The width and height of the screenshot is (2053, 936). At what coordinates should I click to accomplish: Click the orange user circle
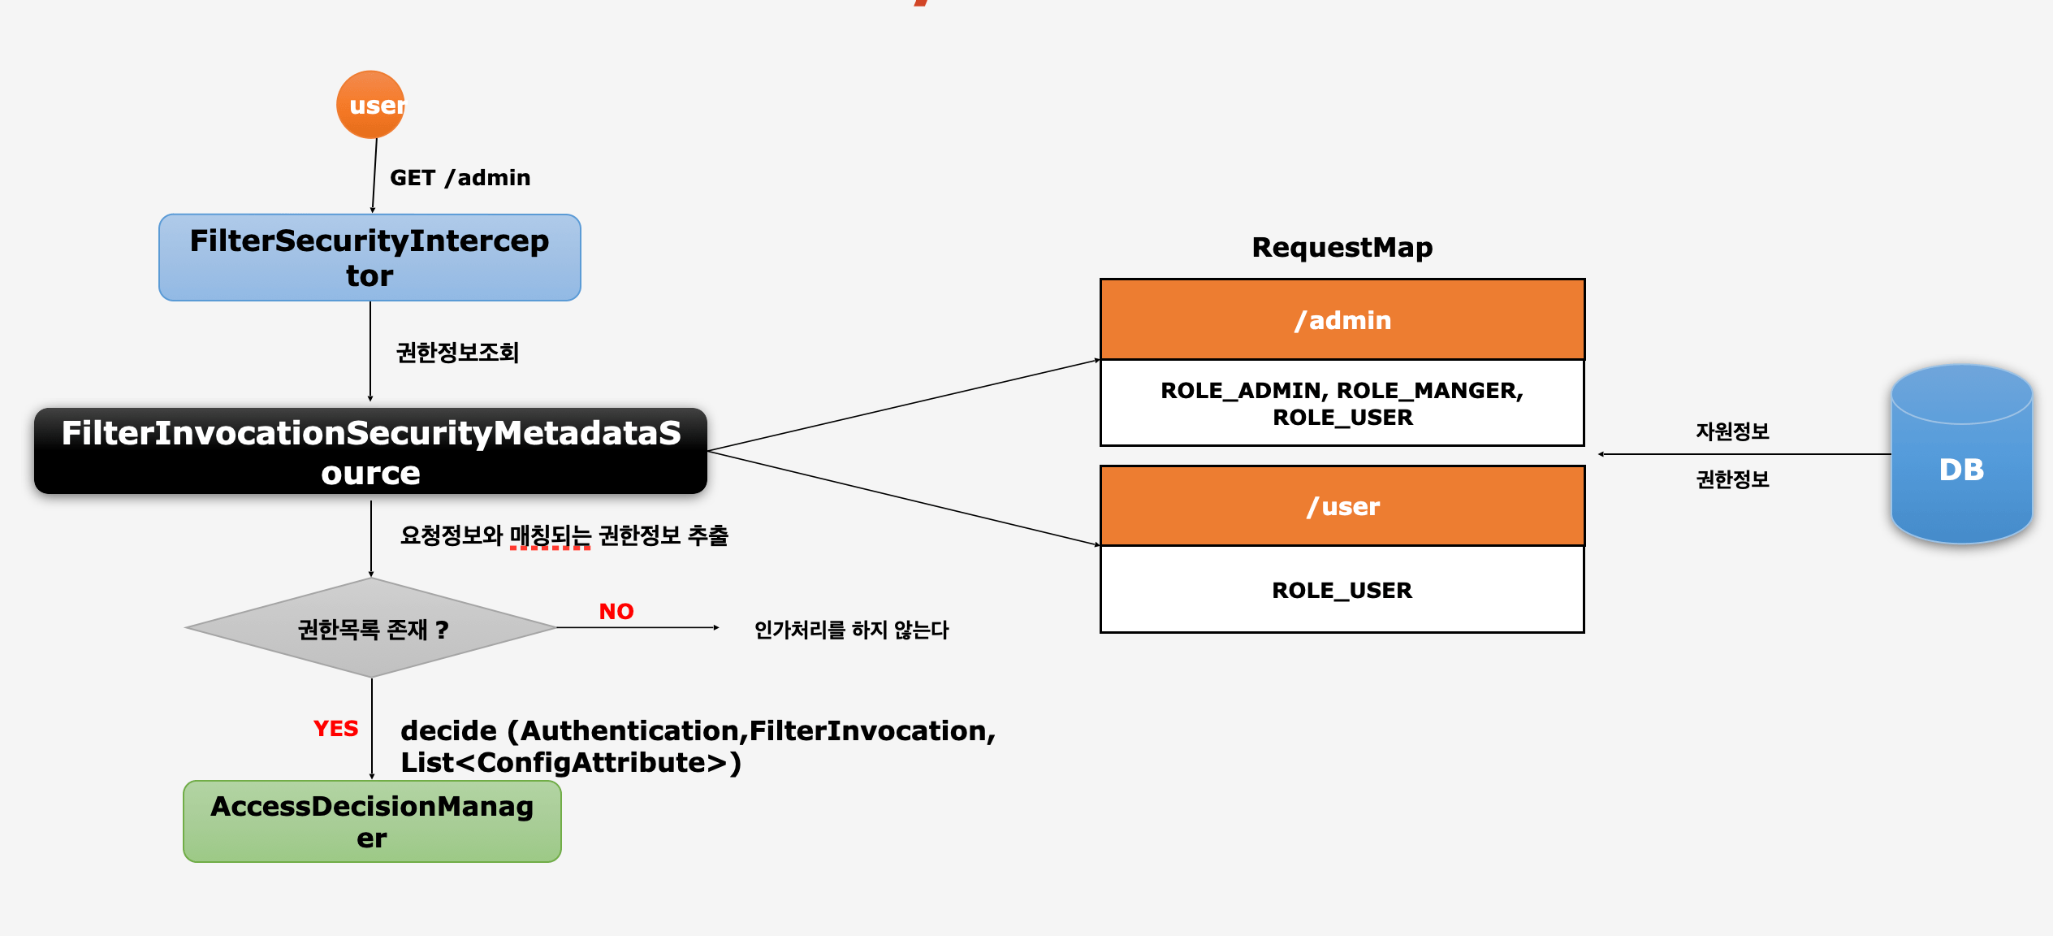click(x=370, y=105)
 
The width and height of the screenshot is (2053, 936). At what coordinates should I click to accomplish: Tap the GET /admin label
click(x=460, y=178)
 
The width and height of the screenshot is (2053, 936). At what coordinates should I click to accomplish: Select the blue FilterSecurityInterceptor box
click(x=370, y=258)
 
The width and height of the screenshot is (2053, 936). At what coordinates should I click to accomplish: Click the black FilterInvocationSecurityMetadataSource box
click(x=370, y=451)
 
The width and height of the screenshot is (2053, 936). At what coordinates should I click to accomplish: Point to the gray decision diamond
click(x=371, y=627)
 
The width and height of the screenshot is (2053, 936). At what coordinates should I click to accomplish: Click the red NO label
click(x=616, y=611)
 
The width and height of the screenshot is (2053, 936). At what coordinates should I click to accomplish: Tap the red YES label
click(x=335, y=728)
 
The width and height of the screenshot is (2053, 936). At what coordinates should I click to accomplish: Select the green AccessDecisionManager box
click(x=372, y=821)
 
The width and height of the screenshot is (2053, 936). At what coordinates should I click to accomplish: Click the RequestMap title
click(x=1342, y=247)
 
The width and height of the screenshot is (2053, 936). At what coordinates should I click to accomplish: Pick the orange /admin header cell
click(x=1342, y=319)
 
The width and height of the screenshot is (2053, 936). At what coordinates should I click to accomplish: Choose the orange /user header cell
click(x=1342, y=505)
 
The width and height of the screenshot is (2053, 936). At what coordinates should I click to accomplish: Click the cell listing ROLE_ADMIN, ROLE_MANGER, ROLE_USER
click(x=1342, y=403)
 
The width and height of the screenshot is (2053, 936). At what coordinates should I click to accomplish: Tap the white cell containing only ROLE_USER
click(x=1342, y=589)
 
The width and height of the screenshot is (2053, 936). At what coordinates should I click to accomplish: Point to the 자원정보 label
click(x=1732, y=431)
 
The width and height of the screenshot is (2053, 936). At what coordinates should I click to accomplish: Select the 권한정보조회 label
click(x=457, y=352)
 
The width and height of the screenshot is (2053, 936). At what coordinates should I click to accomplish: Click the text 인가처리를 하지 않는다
click(x=851, y=629)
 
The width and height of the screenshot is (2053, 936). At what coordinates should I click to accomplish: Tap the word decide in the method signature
click(x=448, y=730)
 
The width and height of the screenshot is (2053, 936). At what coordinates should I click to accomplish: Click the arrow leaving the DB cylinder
click(x=1744, y=454)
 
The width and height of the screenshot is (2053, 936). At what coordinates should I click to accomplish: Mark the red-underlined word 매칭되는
click(x=550, y=535)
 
